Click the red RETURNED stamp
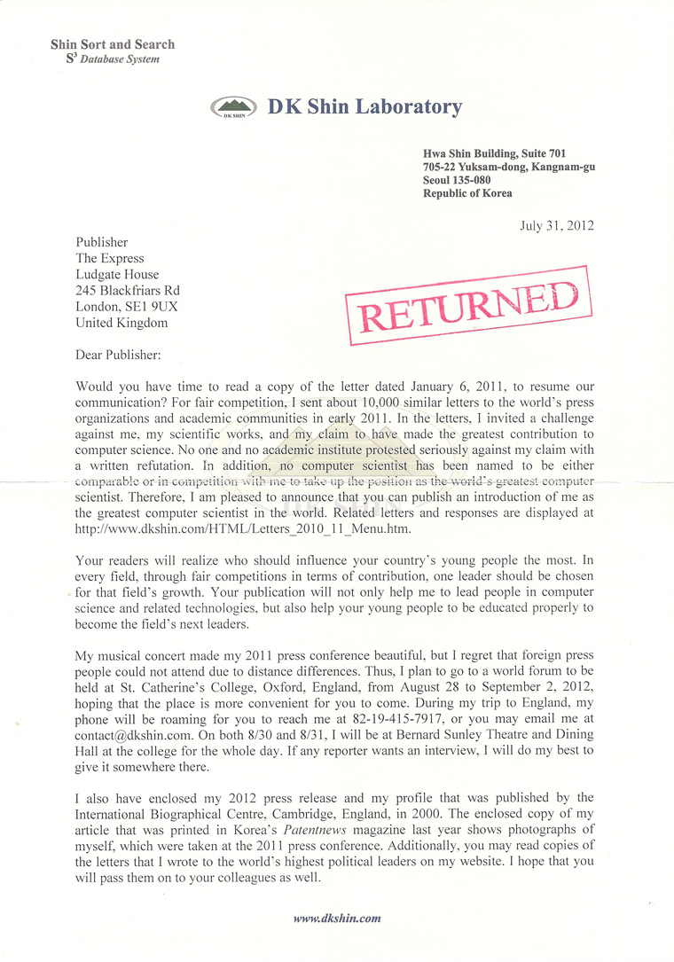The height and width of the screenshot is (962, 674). tap(467, 305)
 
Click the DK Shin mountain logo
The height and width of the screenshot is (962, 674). tap(234, 108)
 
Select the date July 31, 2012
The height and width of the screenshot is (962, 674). tap(557, 225)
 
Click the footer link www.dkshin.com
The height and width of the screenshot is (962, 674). tap(337, 919)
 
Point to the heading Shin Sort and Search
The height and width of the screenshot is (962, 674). tap(113, 44)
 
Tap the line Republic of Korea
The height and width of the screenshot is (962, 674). tap(467, 193)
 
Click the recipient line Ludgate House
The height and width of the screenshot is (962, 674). tap(118, 275)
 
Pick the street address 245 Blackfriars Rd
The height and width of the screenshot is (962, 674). tap(128, 291)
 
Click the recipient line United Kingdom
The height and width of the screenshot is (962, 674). tap(121, 323)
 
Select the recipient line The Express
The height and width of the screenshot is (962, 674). tap(110, 259)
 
